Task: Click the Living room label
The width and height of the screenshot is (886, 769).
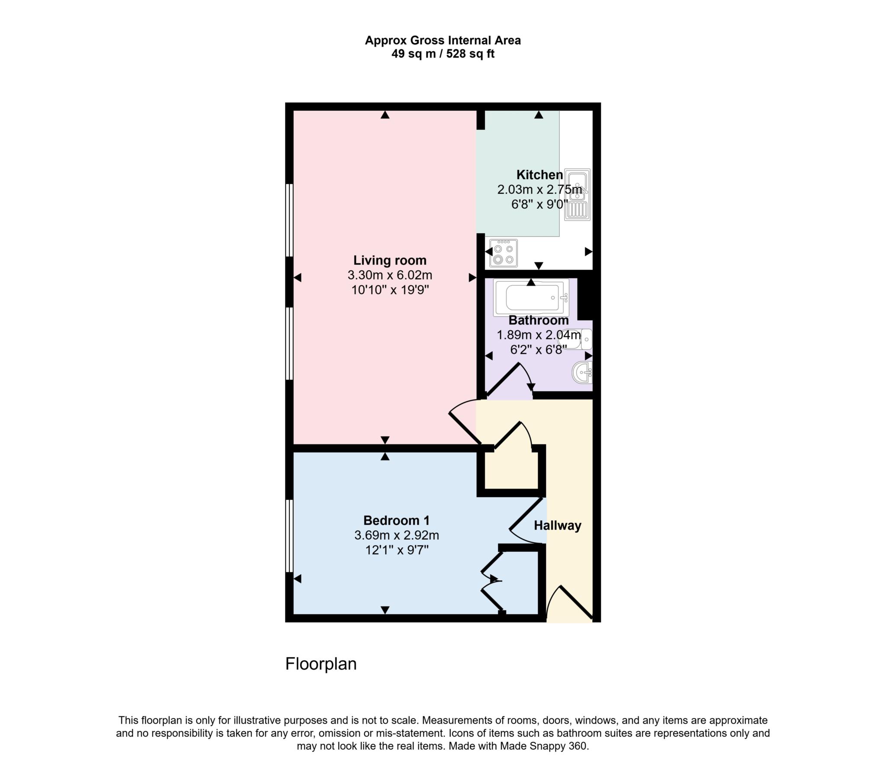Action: [390, 260]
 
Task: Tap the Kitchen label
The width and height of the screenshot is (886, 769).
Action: [539, 175]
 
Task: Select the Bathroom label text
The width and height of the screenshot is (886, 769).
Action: [538, 320]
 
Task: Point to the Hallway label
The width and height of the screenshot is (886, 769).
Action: [557, 525]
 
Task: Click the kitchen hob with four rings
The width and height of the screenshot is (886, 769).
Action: [504, 254]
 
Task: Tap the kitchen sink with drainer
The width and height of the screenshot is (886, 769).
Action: [577, 195]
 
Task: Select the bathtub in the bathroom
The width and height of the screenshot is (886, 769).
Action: [531, 297]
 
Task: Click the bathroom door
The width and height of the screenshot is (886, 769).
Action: [503, 380]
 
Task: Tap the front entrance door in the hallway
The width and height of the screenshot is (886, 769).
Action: [576, 602]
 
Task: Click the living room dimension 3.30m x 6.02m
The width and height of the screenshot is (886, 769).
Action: [390, 275]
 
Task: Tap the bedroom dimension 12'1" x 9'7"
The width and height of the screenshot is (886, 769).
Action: [396, 550]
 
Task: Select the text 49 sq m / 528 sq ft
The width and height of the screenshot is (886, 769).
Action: [443, 54]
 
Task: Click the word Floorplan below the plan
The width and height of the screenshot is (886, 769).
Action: [321, 664]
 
